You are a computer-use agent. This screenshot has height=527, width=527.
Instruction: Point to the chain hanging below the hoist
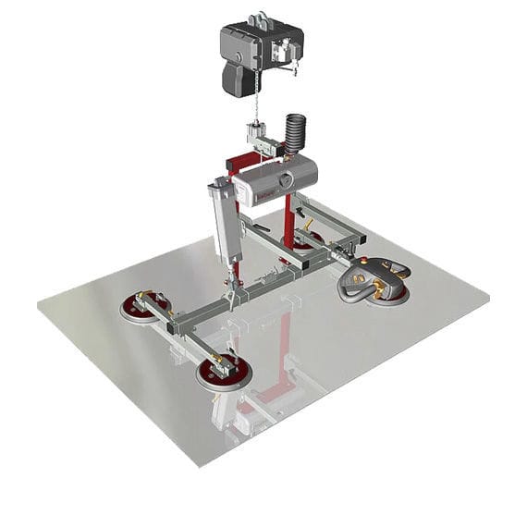coord(255,102)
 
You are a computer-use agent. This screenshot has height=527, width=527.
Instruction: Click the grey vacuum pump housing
coord(274,179)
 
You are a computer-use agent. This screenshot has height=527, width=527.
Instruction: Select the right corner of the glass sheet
coord(488,298)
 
